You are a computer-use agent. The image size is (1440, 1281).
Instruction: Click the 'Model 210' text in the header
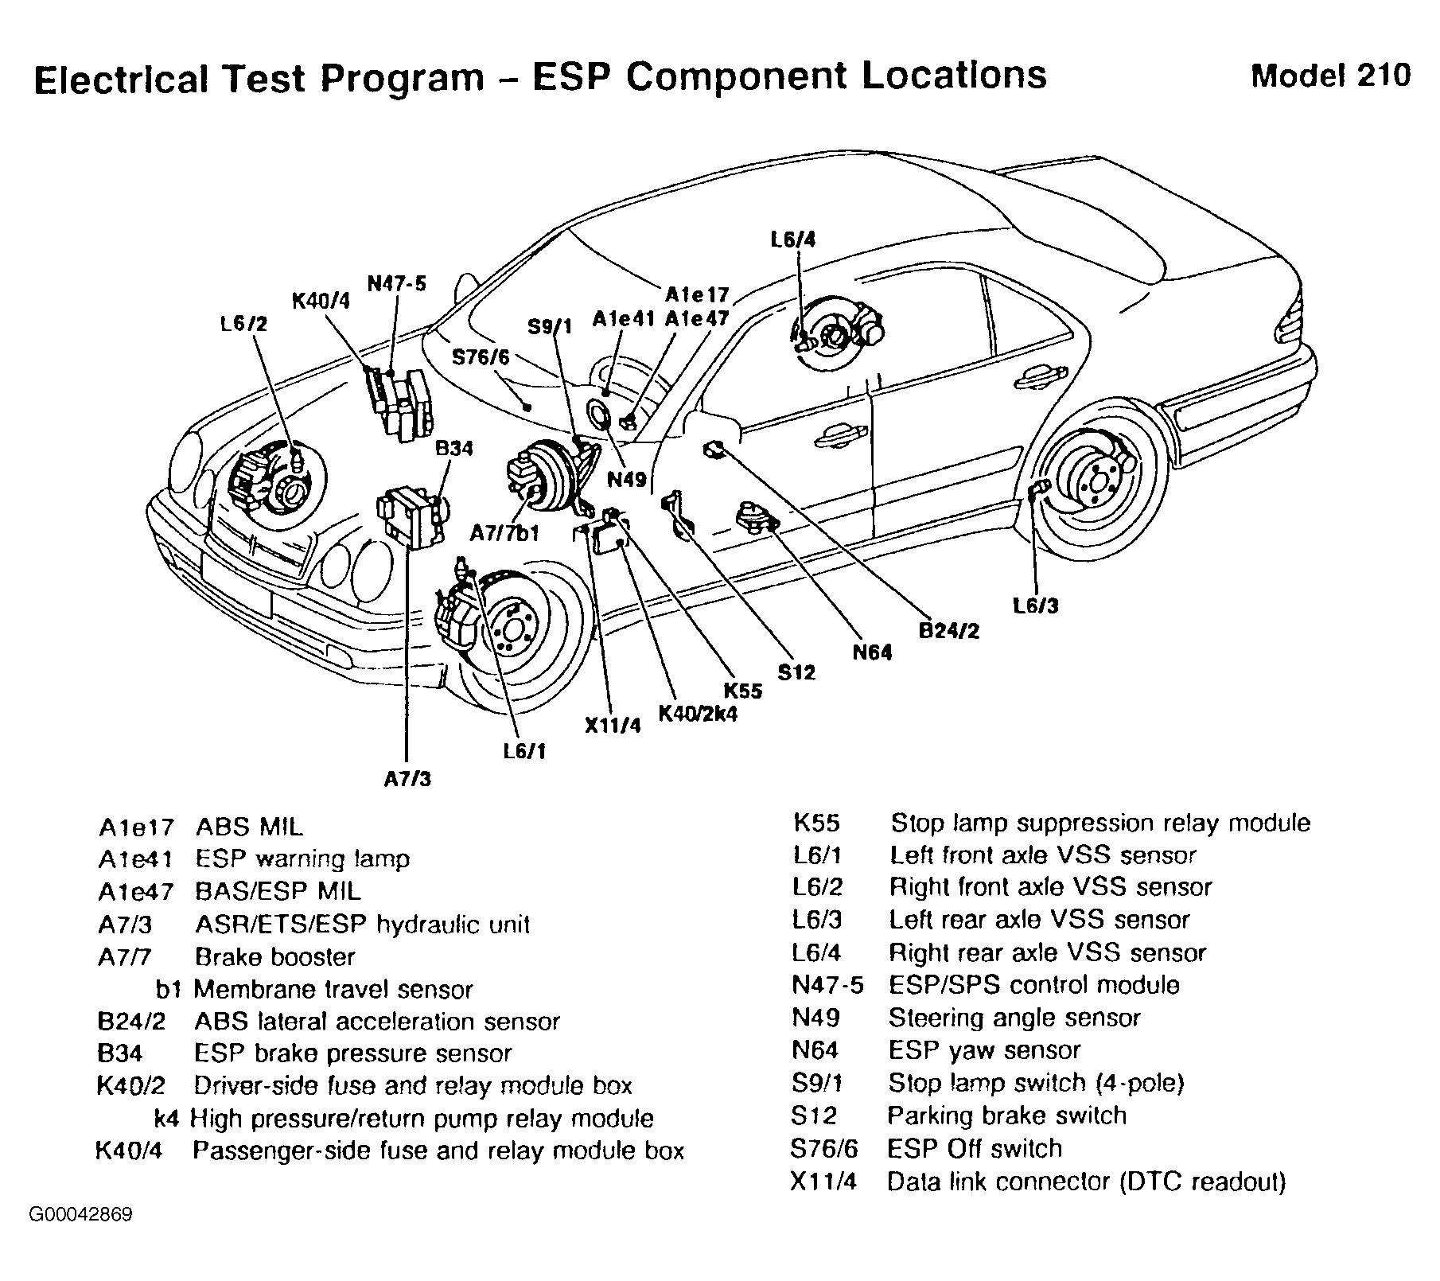point(1331,76)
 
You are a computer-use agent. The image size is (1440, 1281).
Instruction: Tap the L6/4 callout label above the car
point(793,239)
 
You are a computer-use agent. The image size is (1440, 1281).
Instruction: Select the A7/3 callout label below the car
point(407,779)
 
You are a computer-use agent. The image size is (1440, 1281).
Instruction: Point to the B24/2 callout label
point(949,630)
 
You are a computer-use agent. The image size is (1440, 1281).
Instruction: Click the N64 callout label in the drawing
point(872,652)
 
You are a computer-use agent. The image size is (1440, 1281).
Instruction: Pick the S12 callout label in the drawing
point(796,672)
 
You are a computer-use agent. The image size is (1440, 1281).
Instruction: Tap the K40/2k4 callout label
point(698,713)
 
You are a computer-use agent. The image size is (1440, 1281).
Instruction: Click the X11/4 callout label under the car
point(612,726)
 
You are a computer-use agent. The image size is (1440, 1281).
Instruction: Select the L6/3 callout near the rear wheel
point(1036,605)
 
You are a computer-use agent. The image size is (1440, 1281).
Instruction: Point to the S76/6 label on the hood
point(481,357)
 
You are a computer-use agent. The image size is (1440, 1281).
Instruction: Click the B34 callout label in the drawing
point(453,449)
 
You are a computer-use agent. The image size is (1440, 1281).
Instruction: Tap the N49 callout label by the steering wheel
point(627,480)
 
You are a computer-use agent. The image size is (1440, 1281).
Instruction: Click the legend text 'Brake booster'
point(274,956)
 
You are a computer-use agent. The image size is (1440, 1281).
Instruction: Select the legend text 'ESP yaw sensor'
point(984,1050)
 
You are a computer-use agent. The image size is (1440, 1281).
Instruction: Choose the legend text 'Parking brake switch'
point(1006,1116)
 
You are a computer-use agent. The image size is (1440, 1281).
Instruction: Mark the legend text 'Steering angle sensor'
point(1014,1018)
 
